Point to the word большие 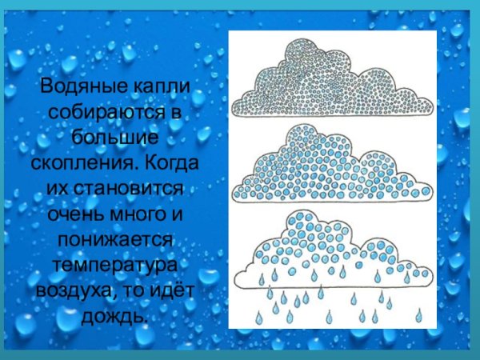[115, 138]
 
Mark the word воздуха [70, 291]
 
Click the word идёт [168, 291]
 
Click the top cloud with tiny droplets [330, 81]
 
